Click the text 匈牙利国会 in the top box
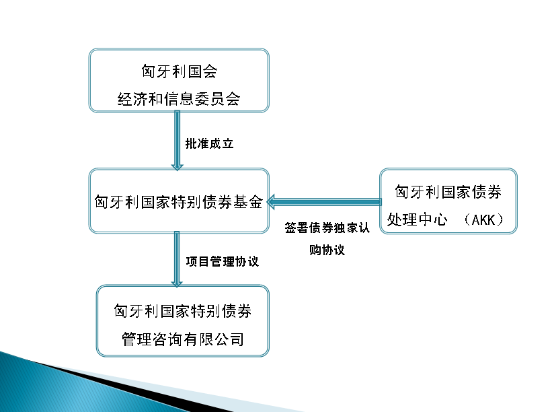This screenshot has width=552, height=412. click(x=180, y=71)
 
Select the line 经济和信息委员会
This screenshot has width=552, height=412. click(x=179, y=99)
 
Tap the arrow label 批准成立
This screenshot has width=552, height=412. click(x=210, y=143)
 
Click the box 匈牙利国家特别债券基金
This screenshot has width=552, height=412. click(x=179, y=201)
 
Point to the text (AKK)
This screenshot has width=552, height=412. click(x=483, y=220)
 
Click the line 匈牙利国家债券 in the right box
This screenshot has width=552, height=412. click(x=448, y=192)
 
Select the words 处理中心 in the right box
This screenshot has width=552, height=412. click(x=417, y=220)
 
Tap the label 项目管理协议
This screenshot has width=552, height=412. click(x=223, y=261)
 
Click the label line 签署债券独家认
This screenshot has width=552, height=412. click(x=327, y=228)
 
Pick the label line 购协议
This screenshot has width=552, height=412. click(x=327, y=250)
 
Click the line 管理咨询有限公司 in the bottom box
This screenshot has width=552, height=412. click(x=183, y=339)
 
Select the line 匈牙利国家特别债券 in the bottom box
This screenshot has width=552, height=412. click(x=183, y=311)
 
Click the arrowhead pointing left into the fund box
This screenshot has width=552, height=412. click(x=270, y=202)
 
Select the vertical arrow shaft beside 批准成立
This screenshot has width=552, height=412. click(x=177, y=137)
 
